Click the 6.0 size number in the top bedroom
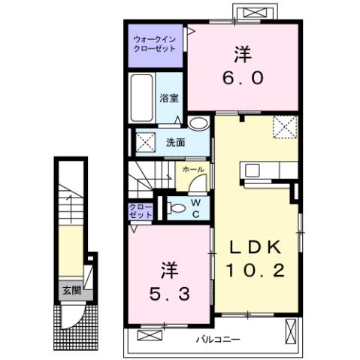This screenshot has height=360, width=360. [x=241, y=77]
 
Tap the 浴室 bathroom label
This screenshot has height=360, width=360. [x=168, y=98]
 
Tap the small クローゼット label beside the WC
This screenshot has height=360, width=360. [x=141, y=210]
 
